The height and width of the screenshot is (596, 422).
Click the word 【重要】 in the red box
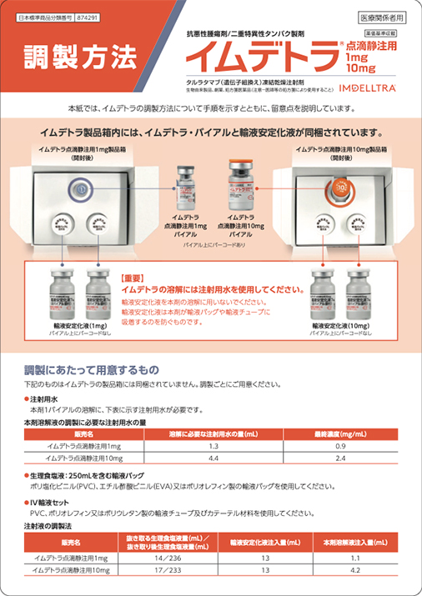pos(135,277)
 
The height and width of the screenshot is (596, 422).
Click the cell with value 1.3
pos(213,447)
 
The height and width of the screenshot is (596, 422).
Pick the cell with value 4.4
pos(213,458)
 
